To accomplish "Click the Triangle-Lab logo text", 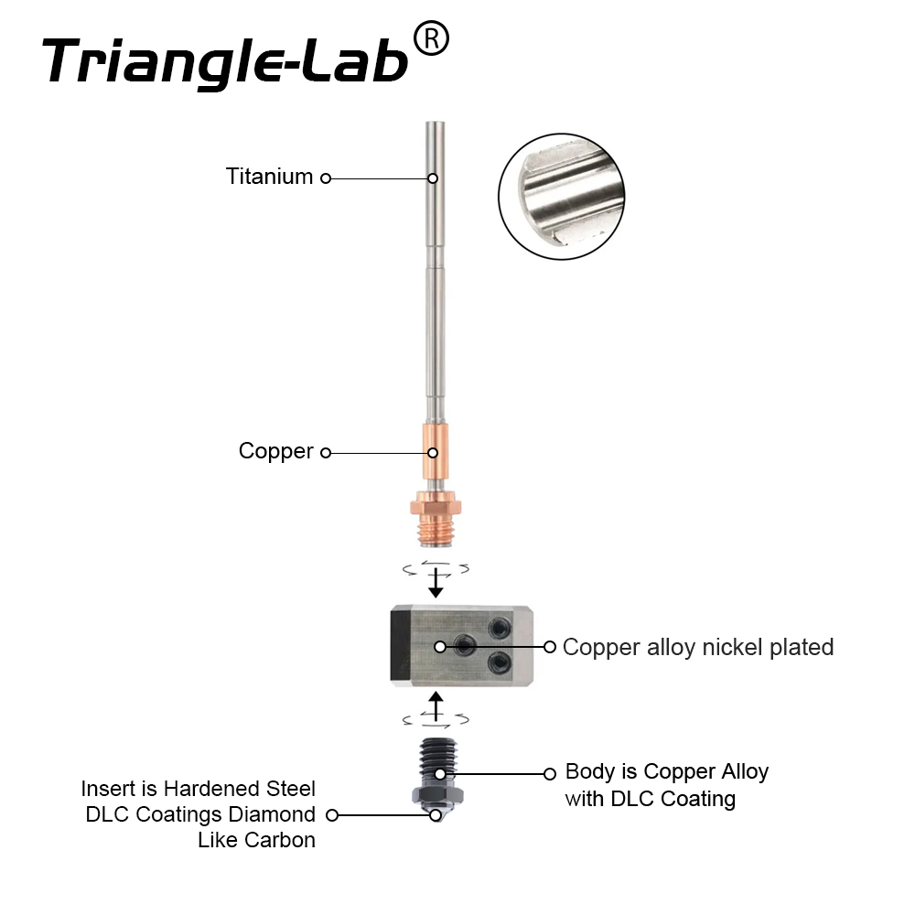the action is pyautogui.click(x=225, y=61).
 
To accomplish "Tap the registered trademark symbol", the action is pyautogui.click(x=431, y=38).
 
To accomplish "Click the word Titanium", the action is pyautogui.click(x=270, y=177).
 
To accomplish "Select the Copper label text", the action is pyautogui.click(x=276, y=451).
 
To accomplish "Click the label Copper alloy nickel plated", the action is pyautogui.click(x=698, y=647).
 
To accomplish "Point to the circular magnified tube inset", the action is pyautogui.click(x=562, y=196).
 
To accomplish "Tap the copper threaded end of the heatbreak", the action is pyautogui.click(x=436, y=532).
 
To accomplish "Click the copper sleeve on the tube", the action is pyautogui.click(x=436, y=452).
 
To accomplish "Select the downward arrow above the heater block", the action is pyautogui.click(x=436, y=582).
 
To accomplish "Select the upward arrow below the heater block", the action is pyautogui.click(x=436, y=706).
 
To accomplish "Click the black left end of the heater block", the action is pyautogui.click(x=401, y=646).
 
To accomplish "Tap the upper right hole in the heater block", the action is pyautogui.click(x=500, y=629).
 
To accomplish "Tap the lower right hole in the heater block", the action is pyautogui.click(x=500, y=662).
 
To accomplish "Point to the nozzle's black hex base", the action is pyautogui.click(x=437, y=796).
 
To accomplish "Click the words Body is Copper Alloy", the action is pyautogui.click(x=667, y=771).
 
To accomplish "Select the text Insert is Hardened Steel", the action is pyautogui.click(x=199, y=789).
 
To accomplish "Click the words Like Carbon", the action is pyautogui.click(x=257, y=840).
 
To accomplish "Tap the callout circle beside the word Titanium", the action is pyautogui.click(x=326, y=178).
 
